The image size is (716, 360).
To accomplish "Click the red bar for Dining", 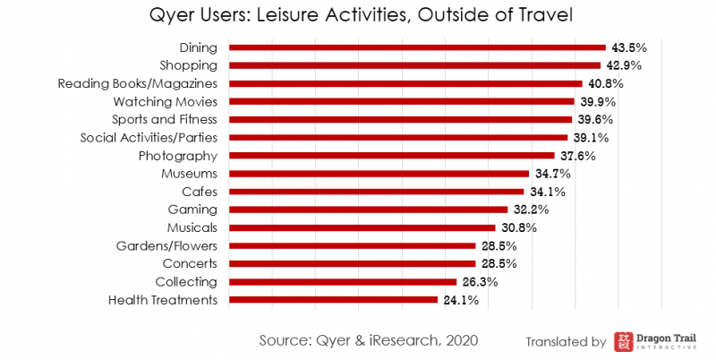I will [x=417, y=47].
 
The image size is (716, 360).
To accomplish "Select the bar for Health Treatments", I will [x=334, y=300].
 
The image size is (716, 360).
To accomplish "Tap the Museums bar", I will [x=379, y=174].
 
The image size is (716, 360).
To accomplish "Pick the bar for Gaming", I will [x=369, y=210].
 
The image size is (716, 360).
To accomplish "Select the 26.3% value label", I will [x=480, y=282].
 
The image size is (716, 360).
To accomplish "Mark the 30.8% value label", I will [x=518, y=227].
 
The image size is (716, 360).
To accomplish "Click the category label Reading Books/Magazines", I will [x=138, y=83].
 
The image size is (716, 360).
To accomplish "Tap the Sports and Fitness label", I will [x=165, y=119].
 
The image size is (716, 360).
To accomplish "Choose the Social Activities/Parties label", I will [x=149, y=138].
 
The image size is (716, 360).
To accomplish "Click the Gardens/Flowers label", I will [x=166, y=245].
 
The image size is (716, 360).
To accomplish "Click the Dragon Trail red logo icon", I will [x=624, y=341].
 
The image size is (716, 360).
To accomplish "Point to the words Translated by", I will [x=567, y=341].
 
